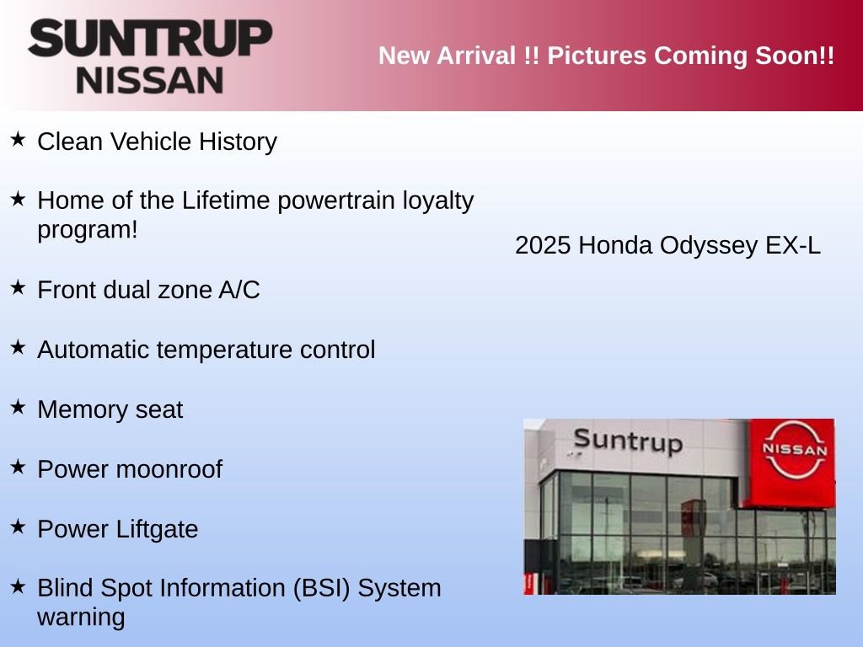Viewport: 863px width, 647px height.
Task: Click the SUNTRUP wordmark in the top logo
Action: coord(150,39)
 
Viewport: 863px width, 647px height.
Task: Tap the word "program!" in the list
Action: coord(87,230)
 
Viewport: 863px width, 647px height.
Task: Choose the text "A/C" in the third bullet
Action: coord(239,291)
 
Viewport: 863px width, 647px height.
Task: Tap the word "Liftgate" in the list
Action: coord(158,530)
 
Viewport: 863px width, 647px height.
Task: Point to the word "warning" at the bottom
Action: coord(81,618)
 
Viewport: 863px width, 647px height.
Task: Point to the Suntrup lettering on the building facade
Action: coord(627,441)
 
